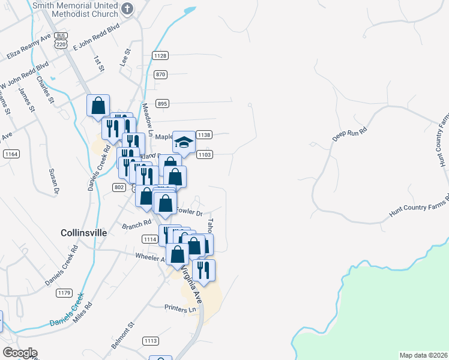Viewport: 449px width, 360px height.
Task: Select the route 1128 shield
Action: [x=160, y=56]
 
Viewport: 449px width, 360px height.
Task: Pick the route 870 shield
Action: [x=160, y=74]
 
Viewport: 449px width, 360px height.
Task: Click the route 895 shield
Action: [x=162, y=103]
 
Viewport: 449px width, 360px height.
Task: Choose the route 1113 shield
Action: [x=150, y=341]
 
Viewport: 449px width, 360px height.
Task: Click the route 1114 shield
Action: [x=150, y=239]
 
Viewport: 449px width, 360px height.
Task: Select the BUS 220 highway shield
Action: [x=59, y=40]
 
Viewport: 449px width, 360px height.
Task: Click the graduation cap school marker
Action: [x=184, y=142]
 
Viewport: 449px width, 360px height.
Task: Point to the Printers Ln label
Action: [x=181, y=308]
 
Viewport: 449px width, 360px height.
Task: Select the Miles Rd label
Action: [x=83, y=312]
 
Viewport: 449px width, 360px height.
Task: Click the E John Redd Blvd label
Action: [x=96, y=37]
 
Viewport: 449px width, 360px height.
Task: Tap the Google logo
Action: [x=19, y=353]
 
